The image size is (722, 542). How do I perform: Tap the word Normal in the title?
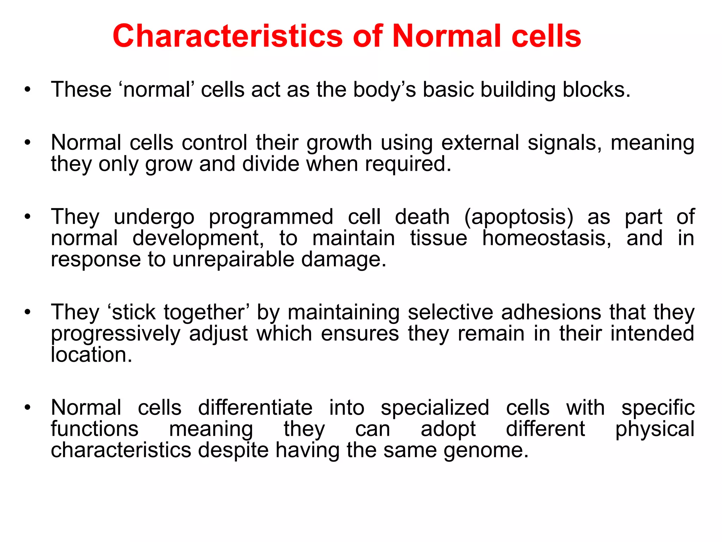[447, 36]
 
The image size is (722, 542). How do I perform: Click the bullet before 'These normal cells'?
[27, 90]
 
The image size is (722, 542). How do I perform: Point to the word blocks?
[596, 90]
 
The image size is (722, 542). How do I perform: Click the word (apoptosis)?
[519, 217]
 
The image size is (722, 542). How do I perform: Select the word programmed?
[271, 217]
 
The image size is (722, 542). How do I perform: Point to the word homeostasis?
[547, 238]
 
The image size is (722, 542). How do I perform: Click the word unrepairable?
[233, 259]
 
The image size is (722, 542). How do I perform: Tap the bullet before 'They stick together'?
[27, 312]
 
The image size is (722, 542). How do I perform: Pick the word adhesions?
[551, 312]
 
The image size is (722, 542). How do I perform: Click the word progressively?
[116, 334]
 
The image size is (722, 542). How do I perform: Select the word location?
[91, 355]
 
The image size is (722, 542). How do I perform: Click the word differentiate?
[255, 408]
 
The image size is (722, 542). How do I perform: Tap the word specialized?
[435, 408]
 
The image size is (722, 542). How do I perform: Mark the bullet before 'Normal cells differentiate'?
[27, 408]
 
